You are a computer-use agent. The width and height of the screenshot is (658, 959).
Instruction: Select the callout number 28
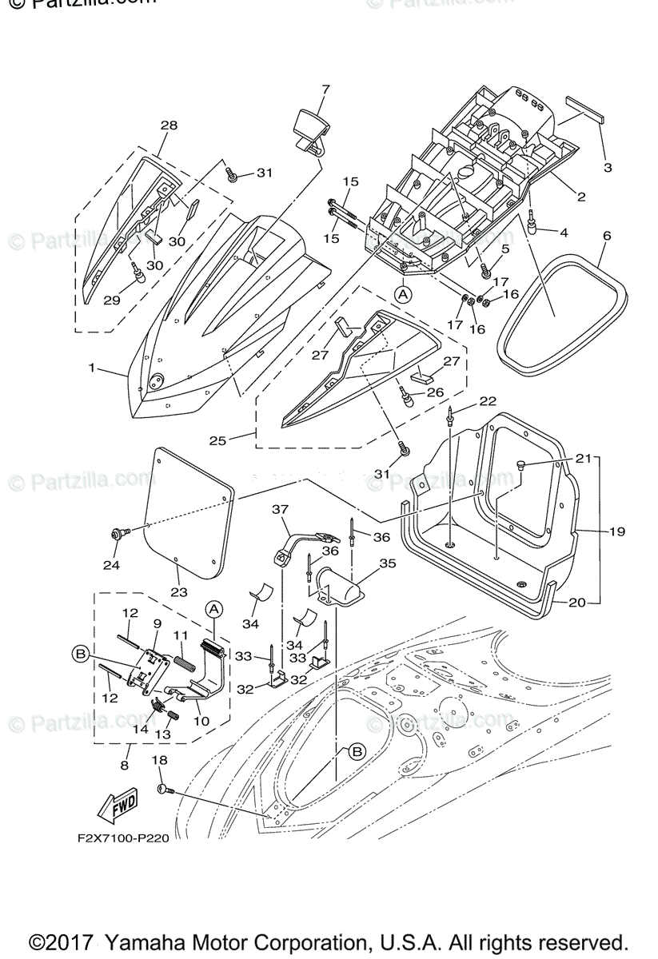[x=169, y=125]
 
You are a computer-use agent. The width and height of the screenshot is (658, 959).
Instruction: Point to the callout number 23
[x=178, y=592]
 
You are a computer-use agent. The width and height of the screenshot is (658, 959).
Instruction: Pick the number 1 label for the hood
[x=93, y=368]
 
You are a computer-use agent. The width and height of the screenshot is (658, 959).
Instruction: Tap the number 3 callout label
[x=608, y=168]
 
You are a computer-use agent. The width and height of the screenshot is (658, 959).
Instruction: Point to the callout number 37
[x=279, y=509]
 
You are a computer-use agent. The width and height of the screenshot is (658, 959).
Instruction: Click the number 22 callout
[x=488, y=400]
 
